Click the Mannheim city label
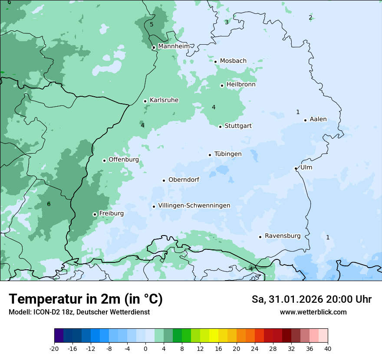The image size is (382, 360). (174, 46)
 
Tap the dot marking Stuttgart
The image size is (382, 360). (220, 127)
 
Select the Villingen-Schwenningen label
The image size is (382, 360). (194, 206)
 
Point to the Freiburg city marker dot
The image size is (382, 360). (95, 214)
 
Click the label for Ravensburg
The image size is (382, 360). (283, 236)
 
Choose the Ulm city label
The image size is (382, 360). (306, 167)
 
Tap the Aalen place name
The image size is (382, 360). (318, 119)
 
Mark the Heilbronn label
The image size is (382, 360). (241, 85)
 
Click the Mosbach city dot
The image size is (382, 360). (215, 62)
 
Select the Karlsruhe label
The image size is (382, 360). (164, 100)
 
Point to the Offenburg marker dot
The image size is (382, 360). (104, 160)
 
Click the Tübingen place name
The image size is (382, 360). (228, 154)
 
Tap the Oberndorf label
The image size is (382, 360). (184, 180)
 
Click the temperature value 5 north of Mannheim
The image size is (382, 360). (151, 24)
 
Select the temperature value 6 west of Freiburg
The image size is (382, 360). (49, 204)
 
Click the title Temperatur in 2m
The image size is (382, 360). (86, 299)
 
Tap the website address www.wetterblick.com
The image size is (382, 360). (313, 312)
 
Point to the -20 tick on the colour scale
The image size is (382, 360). (54, 349)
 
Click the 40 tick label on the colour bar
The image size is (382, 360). (328, 349)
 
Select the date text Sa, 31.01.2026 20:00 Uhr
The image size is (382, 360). (311, 299)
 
